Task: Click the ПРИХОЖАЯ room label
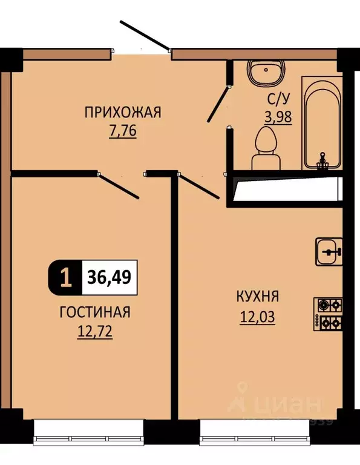pyautogui.click(x=122, y=112)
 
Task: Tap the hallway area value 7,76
pyautogui.click(x=122, y=130)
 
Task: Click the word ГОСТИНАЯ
pyautogui.click(x=95, y=312)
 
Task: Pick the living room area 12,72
pyautogui.click(x=95, y=331)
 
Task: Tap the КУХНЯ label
pyautogui.click(x=258, y=297)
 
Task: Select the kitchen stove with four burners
pyautogui.click(x=328, y=314)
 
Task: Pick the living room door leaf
pyautogui.click(x=119, y=186)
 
